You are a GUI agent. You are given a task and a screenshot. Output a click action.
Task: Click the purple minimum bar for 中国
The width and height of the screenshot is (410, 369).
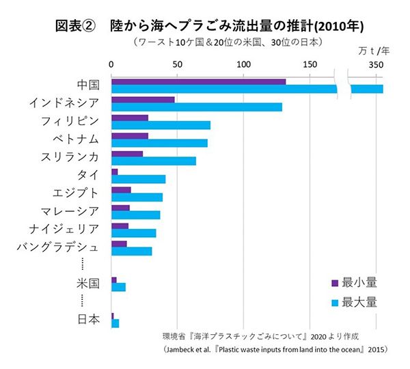(x=198, y=82)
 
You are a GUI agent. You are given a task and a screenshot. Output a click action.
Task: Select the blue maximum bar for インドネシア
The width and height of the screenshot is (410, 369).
(x=196, y=107)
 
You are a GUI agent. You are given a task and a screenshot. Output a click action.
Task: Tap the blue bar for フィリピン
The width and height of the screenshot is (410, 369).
(x=161, y=125)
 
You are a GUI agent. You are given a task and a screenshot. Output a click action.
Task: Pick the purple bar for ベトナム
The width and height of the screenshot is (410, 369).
(x=130, y=136)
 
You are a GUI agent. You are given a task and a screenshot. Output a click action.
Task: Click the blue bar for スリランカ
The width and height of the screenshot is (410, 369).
(x=153, y=161)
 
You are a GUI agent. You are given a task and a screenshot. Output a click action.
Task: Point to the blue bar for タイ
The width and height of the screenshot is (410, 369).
(x=138, y=179)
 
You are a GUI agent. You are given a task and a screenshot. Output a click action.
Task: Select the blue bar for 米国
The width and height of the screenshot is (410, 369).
(x=118, y=287)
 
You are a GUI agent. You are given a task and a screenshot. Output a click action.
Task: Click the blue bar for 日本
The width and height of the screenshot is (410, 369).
(x=115, y=323)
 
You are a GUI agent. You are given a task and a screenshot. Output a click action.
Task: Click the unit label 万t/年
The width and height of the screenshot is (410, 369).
(x=374, y=51)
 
